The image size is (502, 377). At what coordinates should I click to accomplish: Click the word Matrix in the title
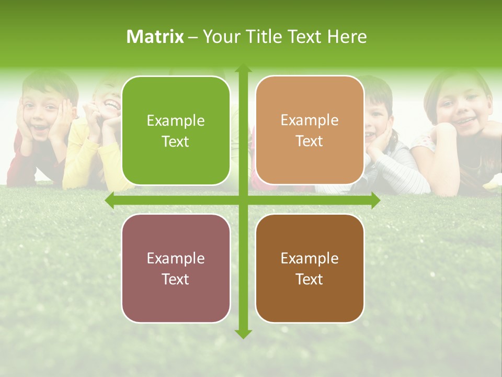coord(155,37)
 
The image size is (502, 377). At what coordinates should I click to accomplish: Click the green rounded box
coord(176,131)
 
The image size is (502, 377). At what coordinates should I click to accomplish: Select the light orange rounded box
coord(310,130)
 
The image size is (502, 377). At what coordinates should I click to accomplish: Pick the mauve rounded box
coord(176,268)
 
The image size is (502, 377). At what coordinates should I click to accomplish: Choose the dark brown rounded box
coord(310,268)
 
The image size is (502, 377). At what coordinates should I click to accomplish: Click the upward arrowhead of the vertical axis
coord(243,68)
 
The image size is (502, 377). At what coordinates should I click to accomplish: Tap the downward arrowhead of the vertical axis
coord(243,334)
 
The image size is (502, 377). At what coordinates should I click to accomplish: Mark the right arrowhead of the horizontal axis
coord(375,200)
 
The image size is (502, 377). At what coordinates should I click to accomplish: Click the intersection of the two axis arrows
coord(243,200)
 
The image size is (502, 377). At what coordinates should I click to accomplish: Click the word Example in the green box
coord(176,121)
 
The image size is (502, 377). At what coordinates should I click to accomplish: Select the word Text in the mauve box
coord(176,279)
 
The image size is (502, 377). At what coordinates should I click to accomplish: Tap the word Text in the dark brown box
coord(310,279)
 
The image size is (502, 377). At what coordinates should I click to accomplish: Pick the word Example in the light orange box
coord(310,120)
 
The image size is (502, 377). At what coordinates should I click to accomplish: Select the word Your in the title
coord(219,37)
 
